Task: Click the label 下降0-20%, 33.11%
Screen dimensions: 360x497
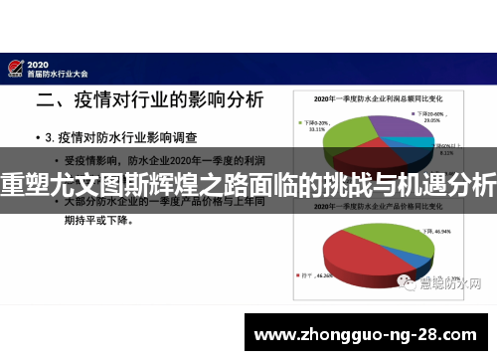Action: pos(316,124)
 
